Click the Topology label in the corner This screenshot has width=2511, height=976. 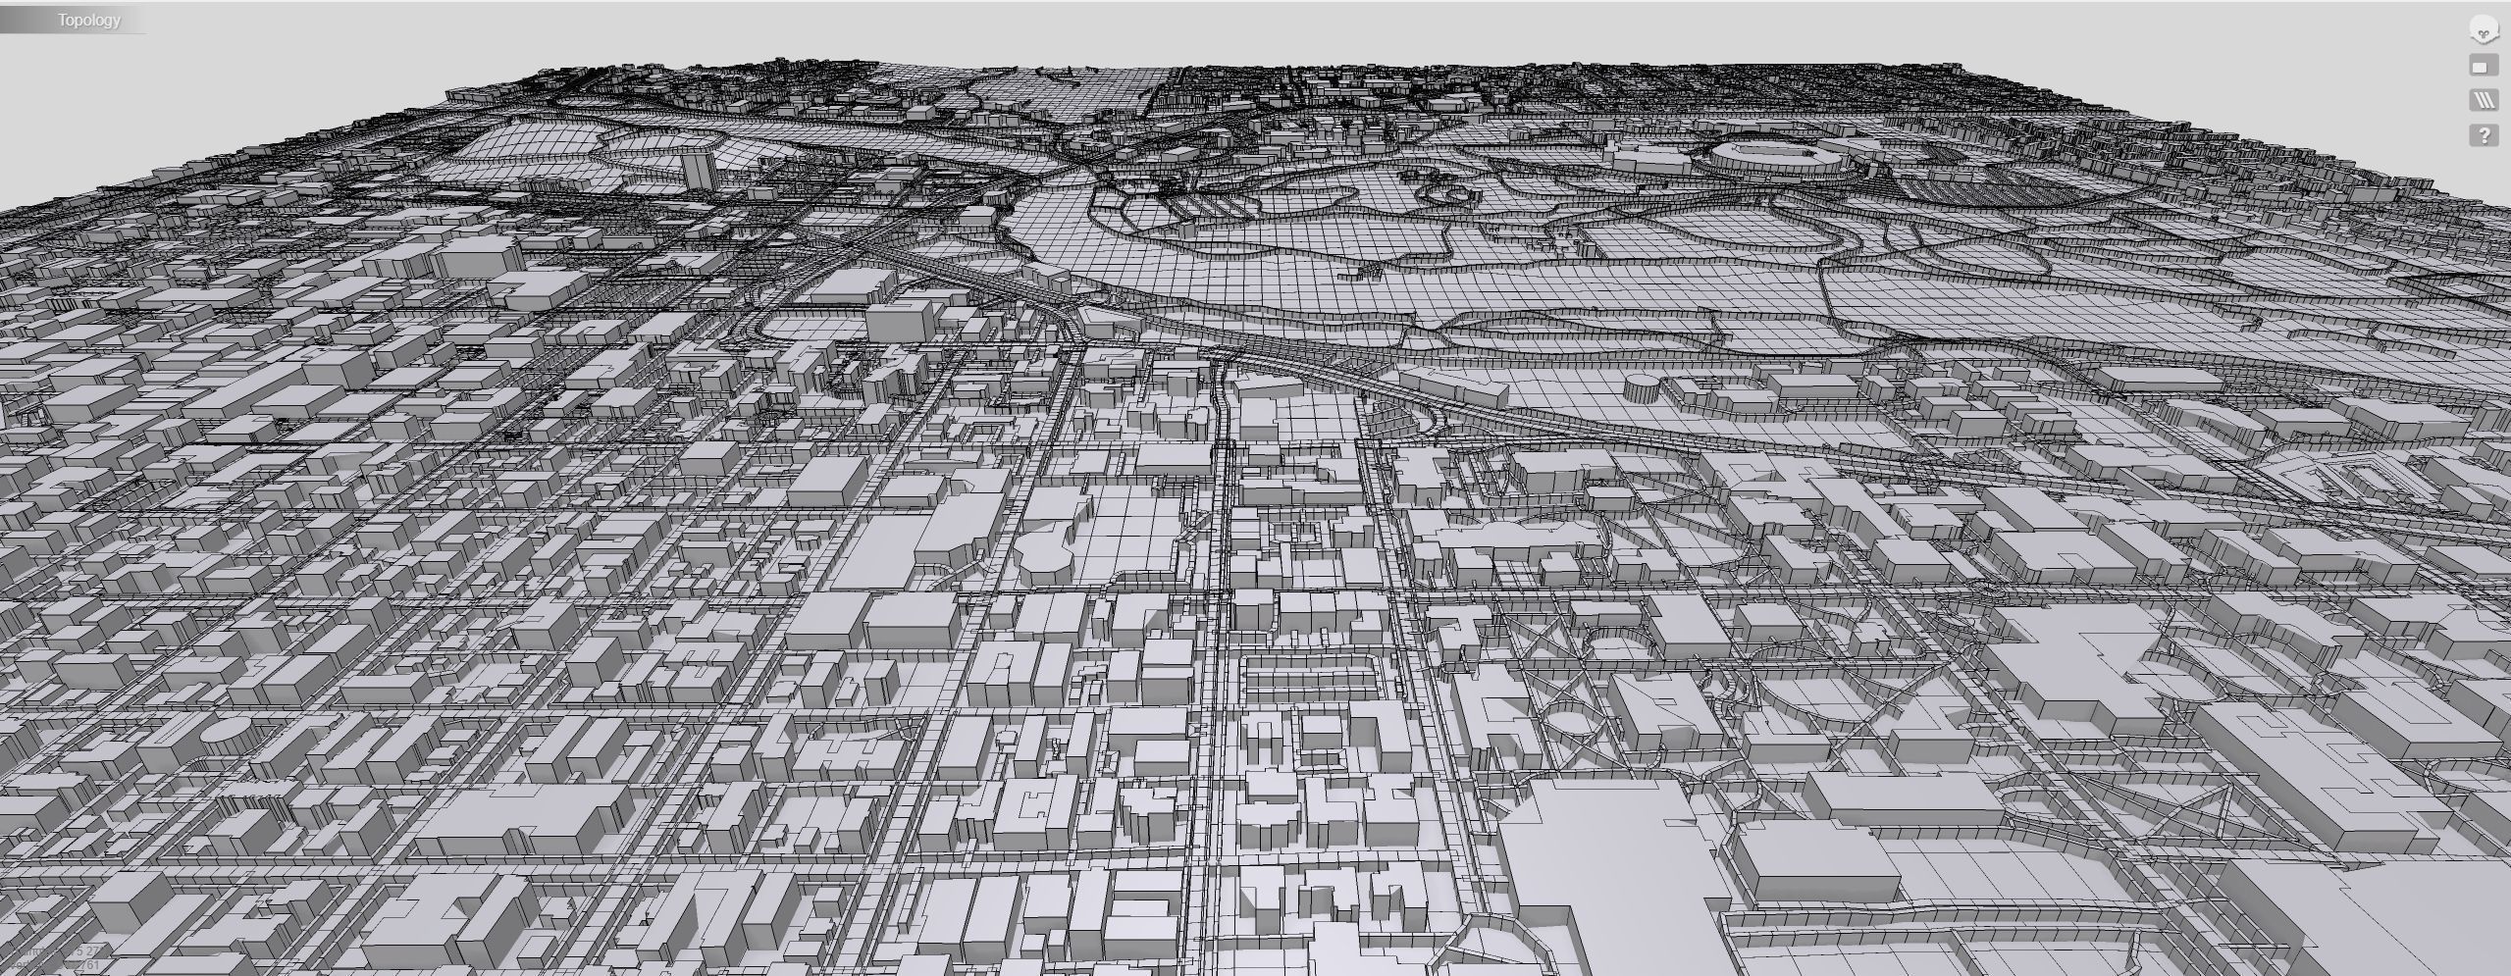(x=88, y=20)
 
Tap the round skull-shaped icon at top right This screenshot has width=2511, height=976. (x=2483, y=30)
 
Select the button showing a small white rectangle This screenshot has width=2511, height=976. (x=2483, y=67)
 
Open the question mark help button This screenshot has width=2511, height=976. (x=2483, y=135)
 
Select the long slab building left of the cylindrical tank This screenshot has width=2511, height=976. (x=1452, y=383)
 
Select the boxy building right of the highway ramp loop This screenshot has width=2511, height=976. (x=898, y=319)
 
